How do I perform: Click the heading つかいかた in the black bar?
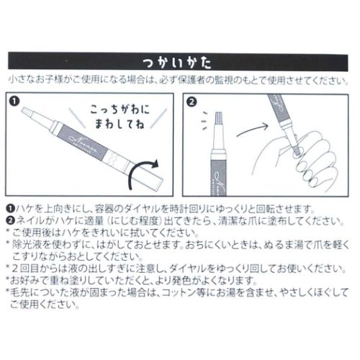[177, 63]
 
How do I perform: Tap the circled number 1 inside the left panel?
[14, 101]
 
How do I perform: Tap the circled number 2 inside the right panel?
[192, 102]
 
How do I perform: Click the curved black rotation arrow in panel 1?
[143, 174]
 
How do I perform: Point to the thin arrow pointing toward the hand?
[252, 130]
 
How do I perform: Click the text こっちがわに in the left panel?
[120, 110]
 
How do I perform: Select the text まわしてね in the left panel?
[120, 124]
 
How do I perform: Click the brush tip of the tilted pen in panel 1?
[27, 112]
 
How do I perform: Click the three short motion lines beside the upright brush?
[204, 121]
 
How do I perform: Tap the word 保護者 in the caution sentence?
[192, 80]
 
